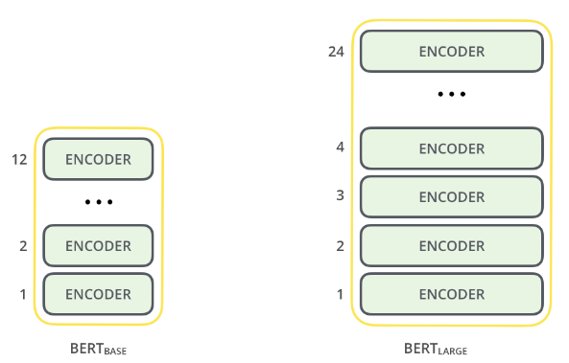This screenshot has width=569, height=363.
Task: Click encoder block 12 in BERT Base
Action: pyautogui.click(x=98, y=159)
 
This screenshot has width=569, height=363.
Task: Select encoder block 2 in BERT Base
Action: pyautogui.click(x=98, y=246)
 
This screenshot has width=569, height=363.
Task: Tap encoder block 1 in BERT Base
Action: pyautogui.click(x=98, y=294)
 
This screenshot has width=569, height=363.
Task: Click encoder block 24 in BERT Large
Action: pyautogui.click(x=451, y=51)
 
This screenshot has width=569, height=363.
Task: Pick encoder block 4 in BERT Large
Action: pyautogui.click(x=451, y=148)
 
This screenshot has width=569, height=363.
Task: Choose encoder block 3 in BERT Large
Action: pyautogui.click(x=451, y=196)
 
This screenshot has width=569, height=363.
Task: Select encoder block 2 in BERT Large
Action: pyautogui.click(x=451, y=245)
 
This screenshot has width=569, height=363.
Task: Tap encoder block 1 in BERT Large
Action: pyautogui.click(x=451, y=294)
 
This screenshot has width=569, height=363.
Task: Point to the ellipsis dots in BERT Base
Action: pyautogui.click(x=98, y=203)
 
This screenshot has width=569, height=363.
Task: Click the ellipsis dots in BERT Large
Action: pyautogui.click(x=451, y=95)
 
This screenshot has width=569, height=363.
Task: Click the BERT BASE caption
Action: pyautogui.click(x=97, y=350)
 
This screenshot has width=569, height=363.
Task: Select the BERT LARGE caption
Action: pyautogui.click(x=437, y=350)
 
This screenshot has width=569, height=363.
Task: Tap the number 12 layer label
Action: pyautogui.click(x=18, y=159)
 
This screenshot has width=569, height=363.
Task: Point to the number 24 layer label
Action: pyautogui.click(x=335, y=51)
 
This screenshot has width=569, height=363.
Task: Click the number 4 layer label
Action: pyautogui.click(x=339, y=148)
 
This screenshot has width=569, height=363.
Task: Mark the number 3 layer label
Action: pyautogui.click(x=339, y=196)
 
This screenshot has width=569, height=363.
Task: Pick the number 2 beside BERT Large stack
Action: pyautogui.click(x=339, y=245)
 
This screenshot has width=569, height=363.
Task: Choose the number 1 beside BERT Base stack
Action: pyautogui.click(x=22, y=294)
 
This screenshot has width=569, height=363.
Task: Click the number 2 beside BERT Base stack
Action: pyautogui.click(x=22, y=246)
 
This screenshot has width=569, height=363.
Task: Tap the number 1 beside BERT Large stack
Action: pyautogui.click(x=339, y=294)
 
